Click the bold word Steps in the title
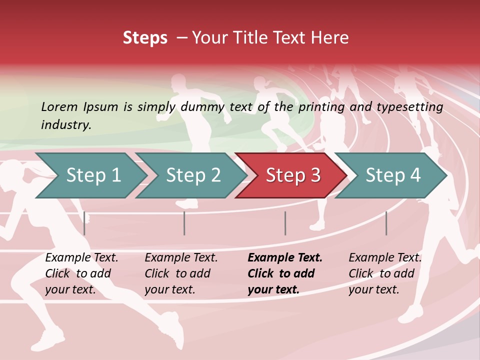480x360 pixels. (145, 38)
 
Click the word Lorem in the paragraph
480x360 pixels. (59, 106)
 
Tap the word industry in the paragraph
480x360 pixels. (65, 124)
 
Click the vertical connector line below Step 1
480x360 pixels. (84, 223)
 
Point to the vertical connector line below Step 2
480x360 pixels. (184, 223)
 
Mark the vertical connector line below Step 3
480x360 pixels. (285, 223)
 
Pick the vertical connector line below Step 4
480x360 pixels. (386, 223)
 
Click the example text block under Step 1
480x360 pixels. (81, 273)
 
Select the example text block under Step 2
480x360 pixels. (181, 273)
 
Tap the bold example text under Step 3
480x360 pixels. (285, 273)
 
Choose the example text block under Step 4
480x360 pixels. (385, 273)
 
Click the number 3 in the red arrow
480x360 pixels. (315, 175)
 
